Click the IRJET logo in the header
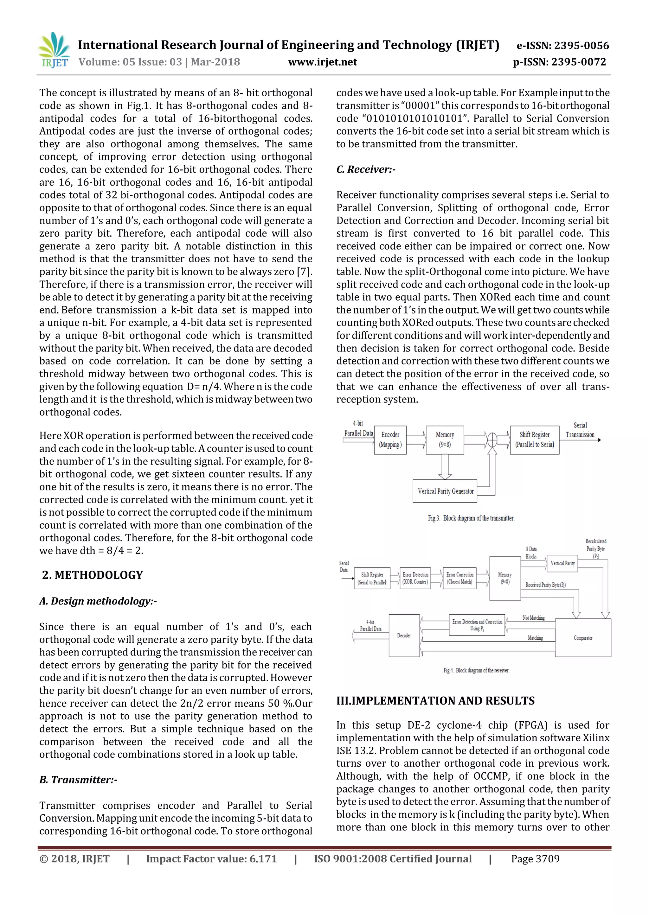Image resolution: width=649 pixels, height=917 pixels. pyautogui.click(x=54, y=51)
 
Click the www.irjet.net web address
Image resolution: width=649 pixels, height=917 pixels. pyautogui.click(x=323, y=62)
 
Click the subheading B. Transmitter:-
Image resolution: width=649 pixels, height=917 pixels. pyautogui.click(x=78, y=780)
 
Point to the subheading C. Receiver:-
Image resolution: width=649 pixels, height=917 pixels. pyautogui.click(x=366, y=169)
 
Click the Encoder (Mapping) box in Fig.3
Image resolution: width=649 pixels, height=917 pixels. pyautogui.click(x=390, y=440)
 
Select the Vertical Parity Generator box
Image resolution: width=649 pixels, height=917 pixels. pyautogui.click(x=445, y=491)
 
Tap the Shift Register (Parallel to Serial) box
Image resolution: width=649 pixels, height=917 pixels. pyautogui.click(x=534, y=440)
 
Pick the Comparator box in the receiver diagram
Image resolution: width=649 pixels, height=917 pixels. pyautogui.click(x=583, y=638)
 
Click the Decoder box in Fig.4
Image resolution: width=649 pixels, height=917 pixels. pyautogui.click(x=404, y=636)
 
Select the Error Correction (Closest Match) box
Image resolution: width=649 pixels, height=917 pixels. pyautogui.click(x=459, y=578)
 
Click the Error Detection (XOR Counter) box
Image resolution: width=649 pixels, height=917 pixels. pyautogui.click(x=415, y=578)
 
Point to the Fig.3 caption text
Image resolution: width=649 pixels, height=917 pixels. pyautogui.click(x=471, y=518)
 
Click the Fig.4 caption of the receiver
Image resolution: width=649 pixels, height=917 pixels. pyautogui.click(x=476, y=670)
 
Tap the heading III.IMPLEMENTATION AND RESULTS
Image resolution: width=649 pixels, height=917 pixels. pyautogui.click(x=435, y=701)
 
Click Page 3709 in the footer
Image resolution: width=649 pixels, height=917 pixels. pyautogui.click(x=535, y=859)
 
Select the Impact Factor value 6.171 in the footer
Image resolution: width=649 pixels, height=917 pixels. pyautogui.click(x=211, y=859)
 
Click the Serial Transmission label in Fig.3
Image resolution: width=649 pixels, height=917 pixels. pyautogui.click(x=580, y=430)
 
